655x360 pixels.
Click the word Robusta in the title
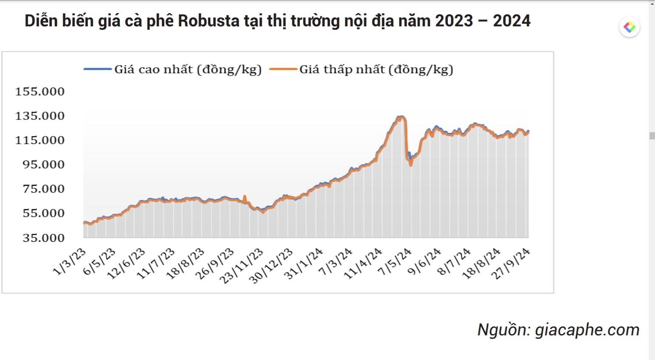pos(209,21)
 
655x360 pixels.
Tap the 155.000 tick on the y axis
pos(40,91)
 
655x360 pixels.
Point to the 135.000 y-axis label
pos(40,116)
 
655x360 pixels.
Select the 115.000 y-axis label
pos(40,140)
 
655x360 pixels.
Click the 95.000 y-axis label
pos(43,164)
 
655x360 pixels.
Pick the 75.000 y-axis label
pos(43,189)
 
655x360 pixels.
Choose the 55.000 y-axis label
pos(43,213)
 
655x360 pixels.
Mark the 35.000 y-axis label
pos(43,238)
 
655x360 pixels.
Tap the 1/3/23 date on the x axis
pos(70,262)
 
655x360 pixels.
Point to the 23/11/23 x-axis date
pos(241,266)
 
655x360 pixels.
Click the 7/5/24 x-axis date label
pos(395,262)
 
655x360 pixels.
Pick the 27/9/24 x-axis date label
pos(511,264)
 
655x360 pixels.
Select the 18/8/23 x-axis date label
pos(185,264)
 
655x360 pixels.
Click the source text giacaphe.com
pos(587,330)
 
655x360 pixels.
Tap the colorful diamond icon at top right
pos(629,27)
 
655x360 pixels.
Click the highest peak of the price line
pos(400,116)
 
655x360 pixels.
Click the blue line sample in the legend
pos(98,69)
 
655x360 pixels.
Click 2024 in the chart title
pos(511,21)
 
